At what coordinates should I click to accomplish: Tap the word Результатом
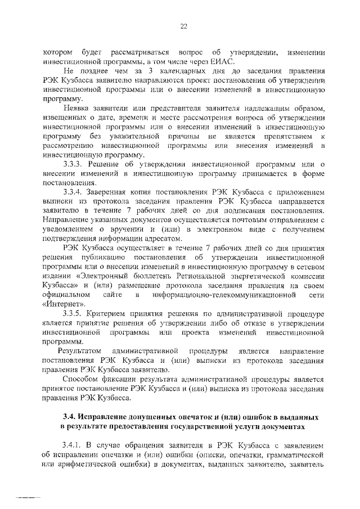pyautogui.click(x=73, y=352)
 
